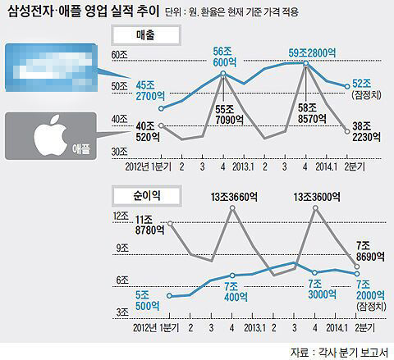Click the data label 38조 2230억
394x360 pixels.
(362, 132)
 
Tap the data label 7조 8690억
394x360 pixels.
(363, 251)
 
